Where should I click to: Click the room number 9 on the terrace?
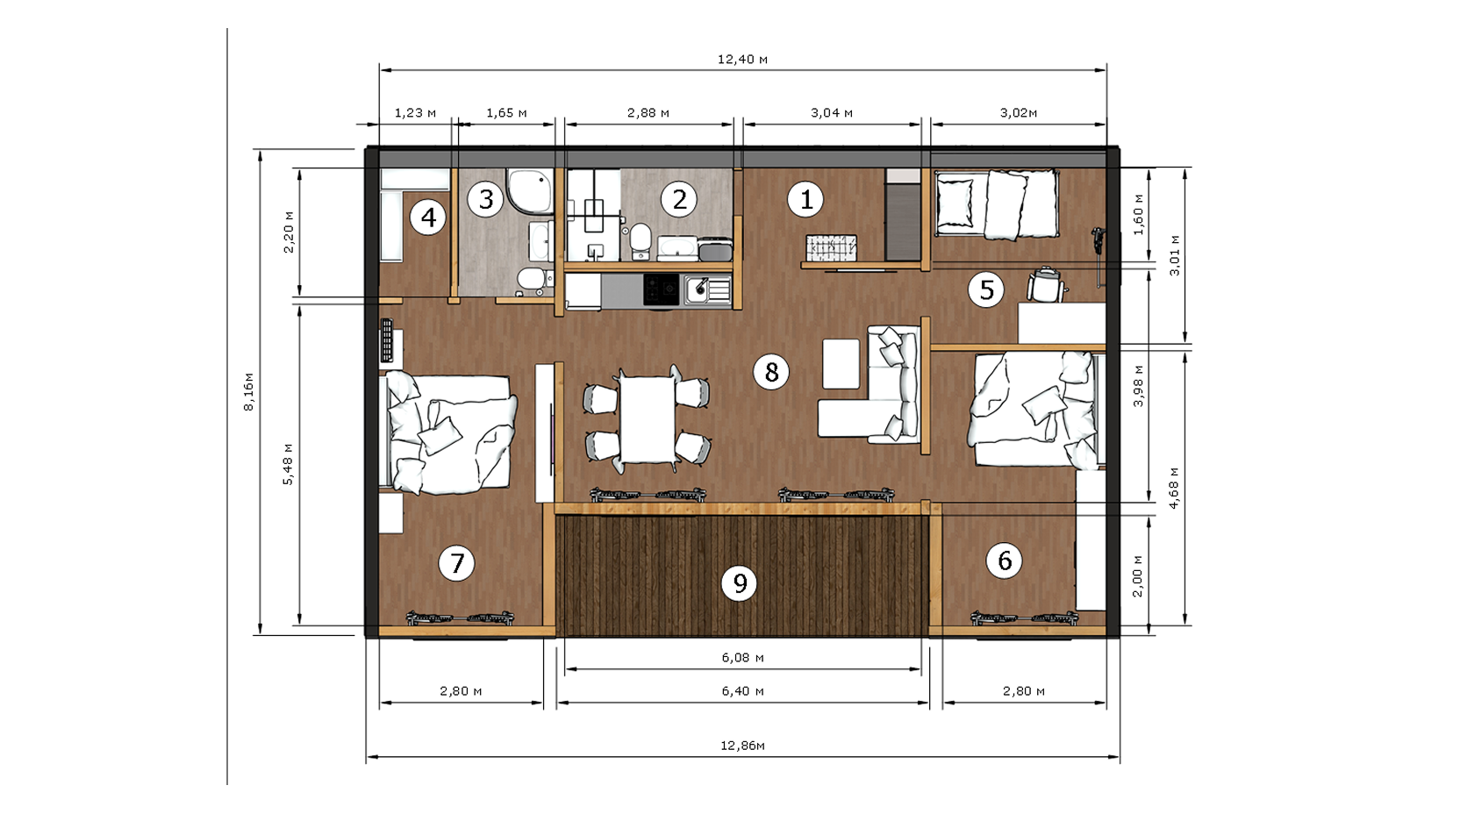740,583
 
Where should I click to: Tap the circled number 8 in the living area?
771,372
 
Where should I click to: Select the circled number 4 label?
428,218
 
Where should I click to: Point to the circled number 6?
1005,561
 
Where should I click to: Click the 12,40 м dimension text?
742,60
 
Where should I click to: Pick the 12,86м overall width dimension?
742,746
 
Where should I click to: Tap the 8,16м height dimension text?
248,392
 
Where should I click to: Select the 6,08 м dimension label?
742,658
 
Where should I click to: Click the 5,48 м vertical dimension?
288,464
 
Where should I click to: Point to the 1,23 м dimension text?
415,113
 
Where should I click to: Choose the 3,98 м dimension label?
1138,386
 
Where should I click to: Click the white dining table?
648,419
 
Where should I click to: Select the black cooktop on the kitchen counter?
662,289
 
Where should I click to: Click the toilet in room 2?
640,239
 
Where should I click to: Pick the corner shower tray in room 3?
529,190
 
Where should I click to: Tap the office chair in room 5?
1046,285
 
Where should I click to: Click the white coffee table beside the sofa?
841,364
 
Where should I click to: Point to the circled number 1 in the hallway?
805,199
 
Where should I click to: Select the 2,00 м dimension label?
1137,575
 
